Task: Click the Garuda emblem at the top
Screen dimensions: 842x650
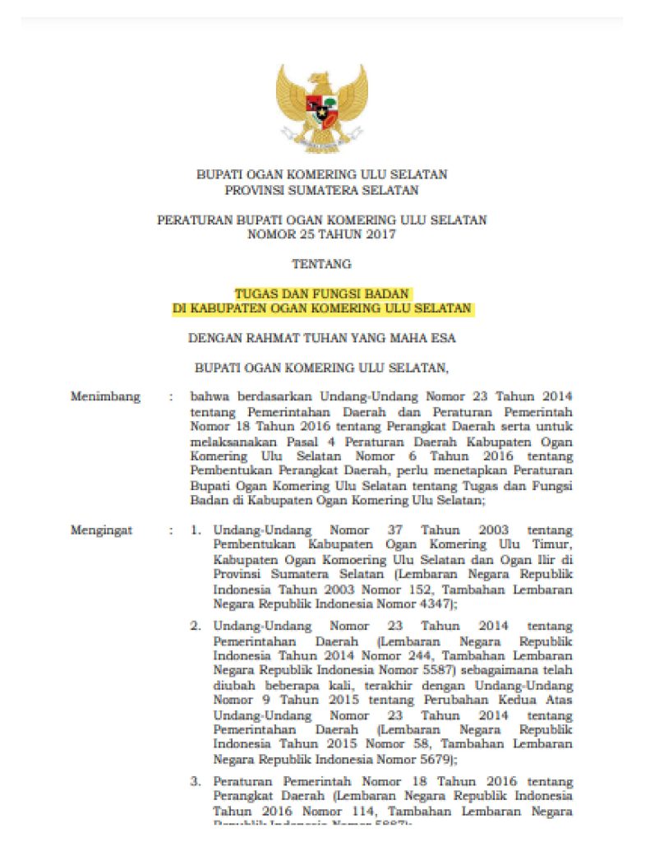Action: click(321, 108)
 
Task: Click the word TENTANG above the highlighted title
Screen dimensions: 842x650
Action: click(321, 264)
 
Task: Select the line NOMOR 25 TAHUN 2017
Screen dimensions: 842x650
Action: click(321, 234)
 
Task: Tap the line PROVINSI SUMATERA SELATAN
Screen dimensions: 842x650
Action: click(321, 190)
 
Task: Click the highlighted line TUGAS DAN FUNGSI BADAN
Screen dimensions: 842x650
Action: click(321, 294)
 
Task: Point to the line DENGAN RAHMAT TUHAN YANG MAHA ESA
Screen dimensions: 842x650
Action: click(321, 337)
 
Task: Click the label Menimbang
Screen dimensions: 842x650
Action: click(105, 396)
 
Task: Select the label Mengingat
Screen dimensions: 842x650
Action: click(102, 530)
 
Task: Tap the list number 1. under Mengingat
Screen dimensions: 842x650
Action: click(196, 530)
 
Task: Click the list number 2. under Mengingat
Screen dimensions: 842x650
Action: click(196, 626)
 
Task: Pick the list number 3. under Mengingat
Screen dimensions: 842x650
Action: click(196, 780)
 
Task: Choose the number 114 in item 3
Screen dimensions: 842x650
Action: click(338, 810)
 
